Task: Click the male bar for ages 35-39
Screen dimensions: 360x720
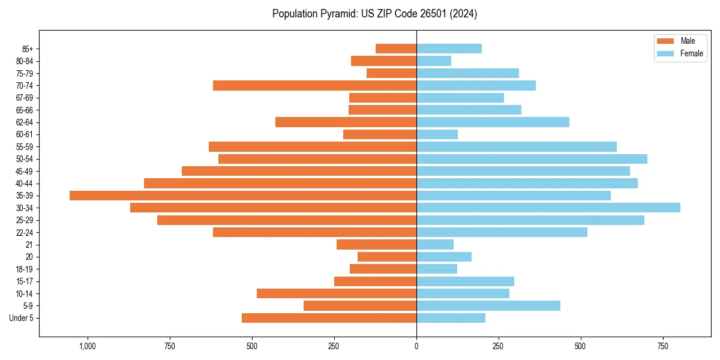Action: point(243,196)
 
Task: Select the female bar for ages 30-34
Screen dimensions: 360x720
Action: point(548,208)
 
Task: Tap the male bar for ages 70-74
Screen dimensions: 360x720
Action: point(314,86)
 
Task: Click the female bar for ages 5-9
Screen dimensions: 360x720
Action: point(488,305)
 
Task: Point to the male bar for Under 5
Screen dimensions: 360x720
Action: point(329,318)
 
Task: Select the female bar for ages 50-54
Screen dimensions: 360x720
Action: point(532,159)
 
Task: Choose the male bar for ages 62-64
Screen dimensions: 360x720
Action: point(346,122)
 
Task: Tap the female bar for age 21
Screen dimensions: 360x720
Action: point(435,244)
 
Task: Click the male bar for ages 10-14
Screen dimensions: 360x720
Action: point(337,293)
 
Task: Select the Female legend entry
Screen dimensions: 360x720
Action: point(680,53)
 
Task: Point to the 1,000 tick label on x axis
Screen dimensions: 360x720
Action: point(88,347)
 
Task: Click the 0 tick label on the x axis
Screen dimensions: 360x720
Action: point(416,347)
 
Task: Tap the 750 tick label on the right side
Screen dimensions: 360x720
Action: point(662,347)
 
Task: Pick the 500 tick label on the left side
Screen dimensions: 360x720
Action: point(252,347)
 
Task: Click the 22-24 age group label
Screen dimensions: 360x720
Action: point(24,232)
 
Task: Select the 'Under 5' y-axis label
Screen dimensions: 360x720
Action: point(22,318)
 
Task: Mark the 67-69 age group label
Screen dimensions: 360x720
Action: point(24,98)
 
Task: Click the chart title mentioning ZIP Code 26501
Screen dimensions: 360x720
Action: point(374,14)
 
